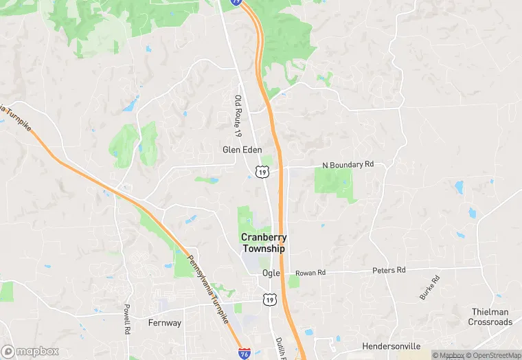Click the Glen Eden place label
pos(242,149)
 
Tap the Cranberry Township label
pos(263,243)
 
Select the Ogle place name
pos(271,273)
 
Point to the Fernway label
pos(165,323)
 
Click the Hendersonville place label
pos(391,346)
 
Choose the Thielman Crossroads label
pos(491,317)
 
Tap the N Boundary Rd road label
pos(348,165)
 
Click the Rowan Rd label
pos(310,273)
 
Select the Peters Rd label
pos(389,271)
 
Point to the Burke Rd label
pos(429,287)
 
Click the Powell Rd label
pos(127,319)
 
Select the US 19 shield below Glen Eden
pos(262,171)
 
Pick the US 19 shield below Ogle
pos(269,299)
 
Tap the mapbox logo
pos(30,351)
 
